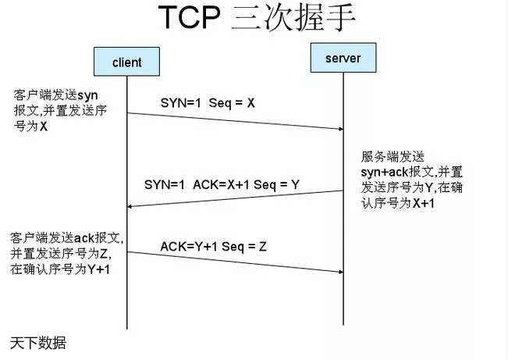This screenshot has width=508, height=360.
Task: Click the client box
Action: pyautogui.click(x=127, y=62)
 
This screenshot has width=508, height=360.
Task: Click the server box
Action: pyautogui.click(x=343, y=57)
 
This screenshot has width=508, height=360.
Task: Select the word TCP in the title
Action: pyautogui.click(x=190, y=18)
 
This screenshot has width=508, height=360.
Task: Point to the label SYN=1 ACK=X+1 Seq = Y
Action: pyautogui.click(x=222, y=184)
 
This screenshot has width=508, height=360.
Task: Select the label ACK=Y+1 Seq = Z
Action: pyautogui.click(x=213, y=246)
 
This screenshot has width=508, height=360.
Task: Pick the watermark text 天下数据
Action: pyautogui.click(x=37, y=343)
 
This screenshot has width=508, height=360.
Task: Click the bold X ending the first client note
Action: pyautogui.click(x=44, y=125)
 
